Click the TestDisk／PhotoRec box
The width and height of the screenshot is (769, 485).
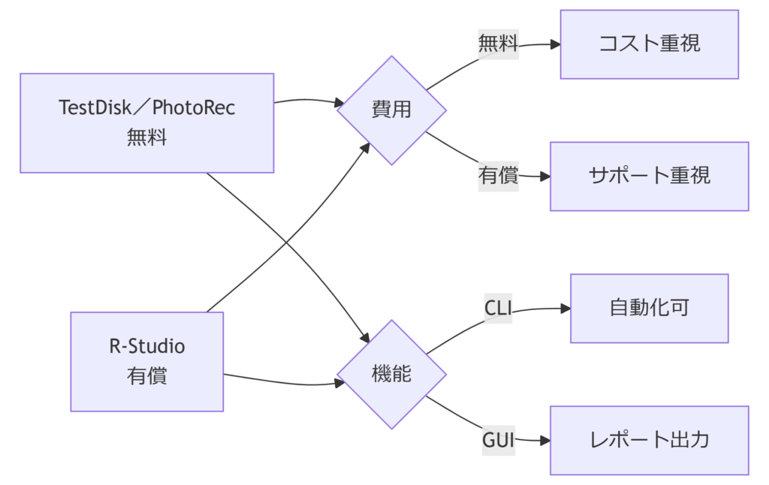coord(146,123)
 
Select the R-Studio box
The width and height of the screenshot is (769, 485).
coord(146,361)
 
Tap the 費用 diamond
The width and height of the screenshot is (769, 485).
coord(391,110)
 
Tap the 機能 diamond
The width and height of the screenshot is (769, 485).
coord(391,374)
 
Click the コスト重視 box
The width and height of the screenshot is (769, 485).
coord(649,44)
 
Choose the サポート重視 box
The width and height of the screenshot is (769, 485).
coord(649,176)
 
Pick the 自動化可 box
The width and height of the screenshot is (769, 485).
coord(649,308)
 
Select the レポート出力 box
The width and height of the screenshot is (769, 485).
coord(649,440)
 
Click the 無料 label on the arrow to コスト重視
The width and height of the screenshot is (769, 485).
coord(498,44)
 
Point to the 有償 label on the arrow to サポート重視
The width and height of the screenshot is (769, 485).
coord(498,176)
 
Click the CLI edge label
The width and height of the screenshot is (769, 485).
coord(498,308)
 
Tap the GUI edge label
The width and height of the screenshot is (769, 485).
coord(498,440)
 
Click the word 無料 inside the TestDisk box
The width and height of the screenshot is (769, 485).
coord(146,137)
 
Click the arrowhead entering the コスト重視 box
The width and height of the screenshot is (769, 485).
coord(556,44)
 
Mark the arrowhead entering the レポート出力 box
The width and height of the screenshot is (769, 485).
coord(545,440)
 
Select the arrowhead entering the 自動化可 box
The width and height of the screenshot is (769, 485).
coord(565,308)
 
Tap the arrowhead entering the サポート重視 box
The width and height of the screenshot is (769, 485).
coord(545,176)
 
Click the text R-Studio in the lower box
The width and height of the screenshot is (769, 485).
coord(146,347)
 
